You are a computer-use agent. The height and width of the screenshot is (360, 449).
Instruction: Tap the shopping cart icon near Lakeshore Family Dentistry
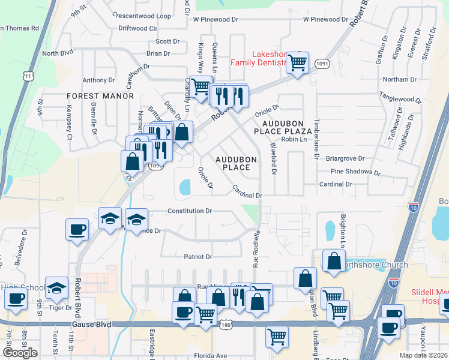pos(297,62)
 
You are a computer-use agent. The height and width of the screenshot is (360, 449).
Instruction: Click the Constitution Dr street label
pos(190,211)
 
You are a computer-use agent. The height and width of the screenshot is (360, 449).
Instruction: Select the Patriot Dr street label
pos(198,257)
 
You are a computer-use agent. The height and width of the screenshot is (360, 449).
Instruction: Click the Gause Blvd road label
pos(91,324)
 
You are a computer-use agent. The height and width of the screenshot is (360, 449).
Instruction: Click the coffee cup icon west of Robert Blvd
pos(77,230)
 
